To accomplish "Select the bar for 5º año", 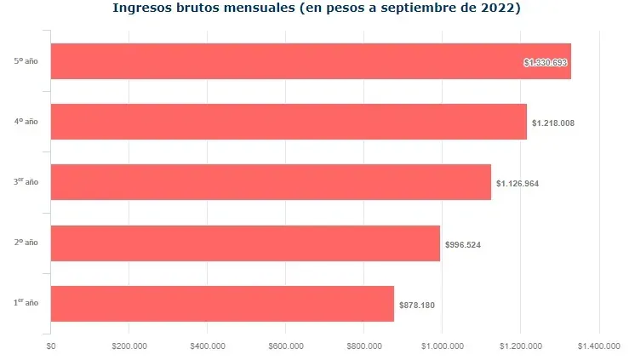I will coord(311,61).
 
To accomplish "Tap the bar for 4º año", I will coord(289,122).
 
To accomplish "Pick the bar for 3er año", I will coord(271,182).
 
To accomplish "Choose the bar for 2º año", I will coord(245,243).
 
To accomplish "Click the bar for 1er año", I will coord(222,304).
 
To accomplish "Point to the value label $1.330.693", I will coord(546,62).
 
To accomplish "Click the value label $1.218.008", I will coord(553,123).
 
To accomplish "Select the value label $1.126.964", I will coord(517,184).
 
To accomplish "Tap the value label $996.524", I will coord(463,245).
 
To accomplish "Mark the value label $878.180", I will coord(417,306).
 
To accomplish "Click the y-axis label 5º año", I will coord(26,61).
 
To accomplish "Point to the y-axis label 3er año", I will coord(26,182).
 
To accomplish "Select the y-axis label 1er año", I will coord(26,303).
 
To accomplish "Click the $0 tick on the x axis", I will coord(51,346).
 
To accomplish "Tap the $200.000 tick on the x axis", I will coord(129,346).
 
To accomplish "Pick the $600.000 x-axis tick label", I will coord(286,346).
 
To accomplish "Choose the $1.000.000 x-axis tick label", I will coord(443,346).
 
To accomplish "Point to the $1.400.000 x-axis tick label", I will coord(599,346).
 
